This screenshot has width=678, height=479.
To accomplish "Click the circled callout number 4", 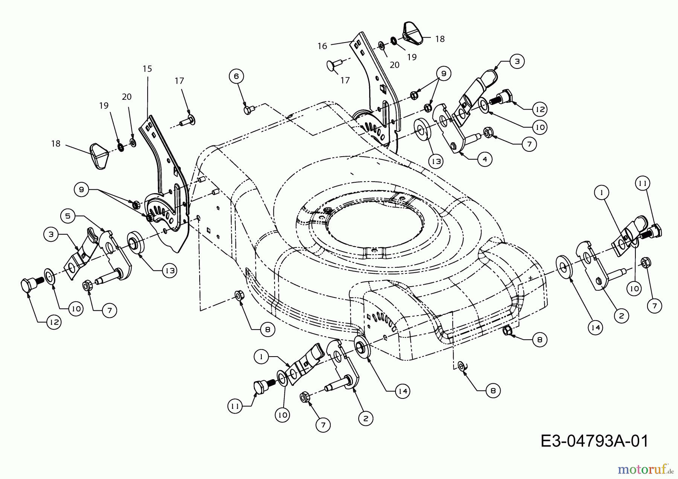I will pyautogui.click(x=485, y=159).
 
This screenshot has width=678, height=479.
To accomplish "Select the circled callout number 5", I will pyautogui.click(x=68, y=216).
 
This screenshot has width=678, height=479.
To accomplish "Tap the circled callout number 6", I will pyautogui.click(x=236, y=76).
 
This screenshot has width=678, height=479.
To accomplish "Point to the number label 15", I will pyautogui.click(x=147, y=69).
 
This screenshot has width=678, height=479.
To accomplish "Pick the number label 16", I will pyautogui.click(x=322, y=46).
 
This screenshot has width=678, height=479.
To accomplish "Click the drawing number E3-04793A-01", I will pyautogui.click(x=594, y=441).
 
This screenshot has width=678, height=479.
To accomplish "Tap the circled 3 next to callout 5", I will pyautogui.click(x=51, y=234).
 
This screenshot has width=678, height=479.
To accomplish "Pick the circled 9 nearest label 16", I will pyautogui.click(x=443, y=74).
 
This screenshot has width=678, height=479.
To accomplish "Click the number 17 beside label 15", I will pyautogui.click(x=179, y=81).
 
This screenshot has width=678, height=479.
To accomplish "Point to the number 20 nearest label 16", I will pyautogui.click(x=394, y=65).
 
